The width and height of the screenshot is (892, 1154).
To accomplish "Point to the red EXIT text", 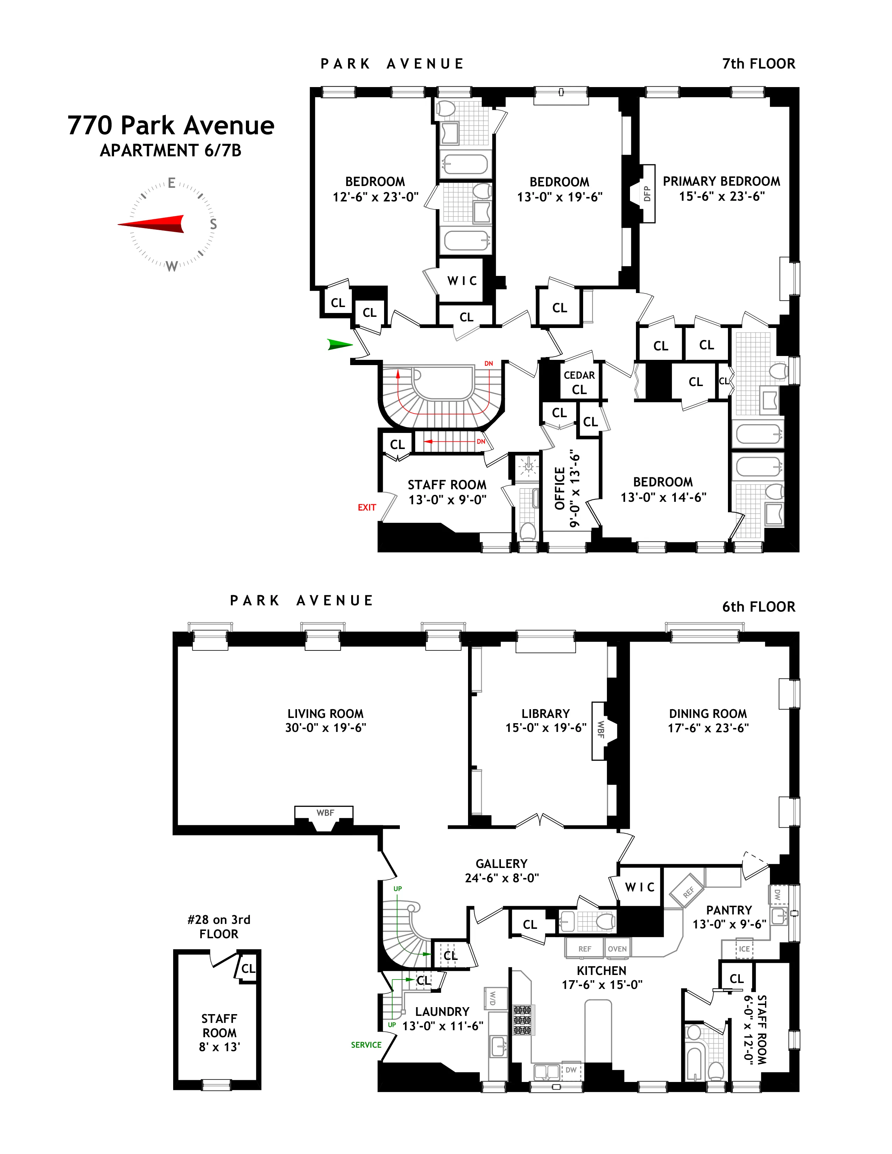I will tap(367, 507).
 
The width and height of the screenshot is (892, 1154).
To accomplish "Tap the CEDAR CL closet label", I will tap(579, 382).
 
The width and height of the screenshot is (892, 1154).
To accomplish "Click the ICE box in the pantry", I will tap(744, 949).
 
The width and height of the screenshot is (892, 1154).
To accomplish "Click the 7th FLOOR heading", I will tap(758, 64).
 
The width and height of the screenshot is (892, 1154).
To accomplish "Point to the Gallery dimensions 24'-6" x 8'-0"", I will tap(502, 878).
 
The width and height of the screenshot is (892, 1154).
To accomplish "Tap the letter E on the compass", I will tap(172, 183).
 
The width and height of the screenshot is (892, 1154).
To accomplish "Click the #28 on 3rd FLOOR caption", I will tap(219, 926).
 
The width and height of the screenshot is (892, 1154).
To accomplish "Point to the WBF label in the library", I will tap(600, 730).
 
